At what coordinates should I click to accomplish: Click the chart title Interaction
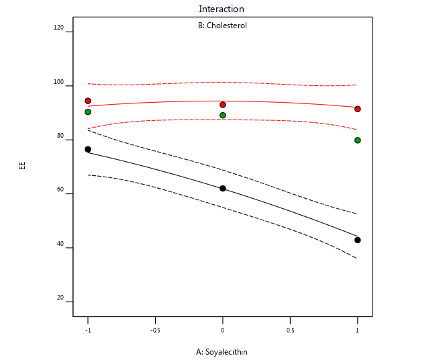click(222, 9)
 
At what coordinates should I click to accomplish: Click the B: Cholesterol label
click(222, 26)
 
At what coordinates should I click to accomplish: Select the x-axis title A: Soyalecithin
click(222, 351)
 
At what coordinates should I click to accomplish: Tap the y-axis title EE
click(21, 165)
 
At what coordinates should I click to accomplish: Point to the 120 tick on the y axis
click(59, 28)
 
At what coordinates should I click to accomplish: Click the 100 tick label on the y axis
click(59, 83)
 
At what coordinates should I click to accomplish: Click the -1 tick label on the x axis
click(87, 330)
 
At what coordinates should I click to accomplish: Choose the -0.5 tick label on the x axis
click(155, 330)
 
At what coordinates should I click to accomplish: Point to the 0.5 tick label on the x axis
click(290, 330)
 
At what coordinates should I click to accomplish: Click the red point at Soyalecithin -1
click(88, 101)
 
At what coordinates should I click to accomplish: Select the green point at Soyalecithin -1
click(88, 111)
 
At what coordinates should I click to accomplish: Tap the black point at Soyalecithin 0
click(223, 189)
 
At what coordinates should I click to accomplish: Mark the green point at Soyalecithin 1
click(358, 140)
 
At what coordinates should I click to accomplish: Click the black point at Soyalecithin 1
click(358, 240)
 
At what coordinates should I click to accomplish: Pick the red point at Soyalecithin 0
click(223, 105)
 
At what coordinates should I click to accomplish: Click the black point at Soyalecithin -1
click(88, 149)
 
